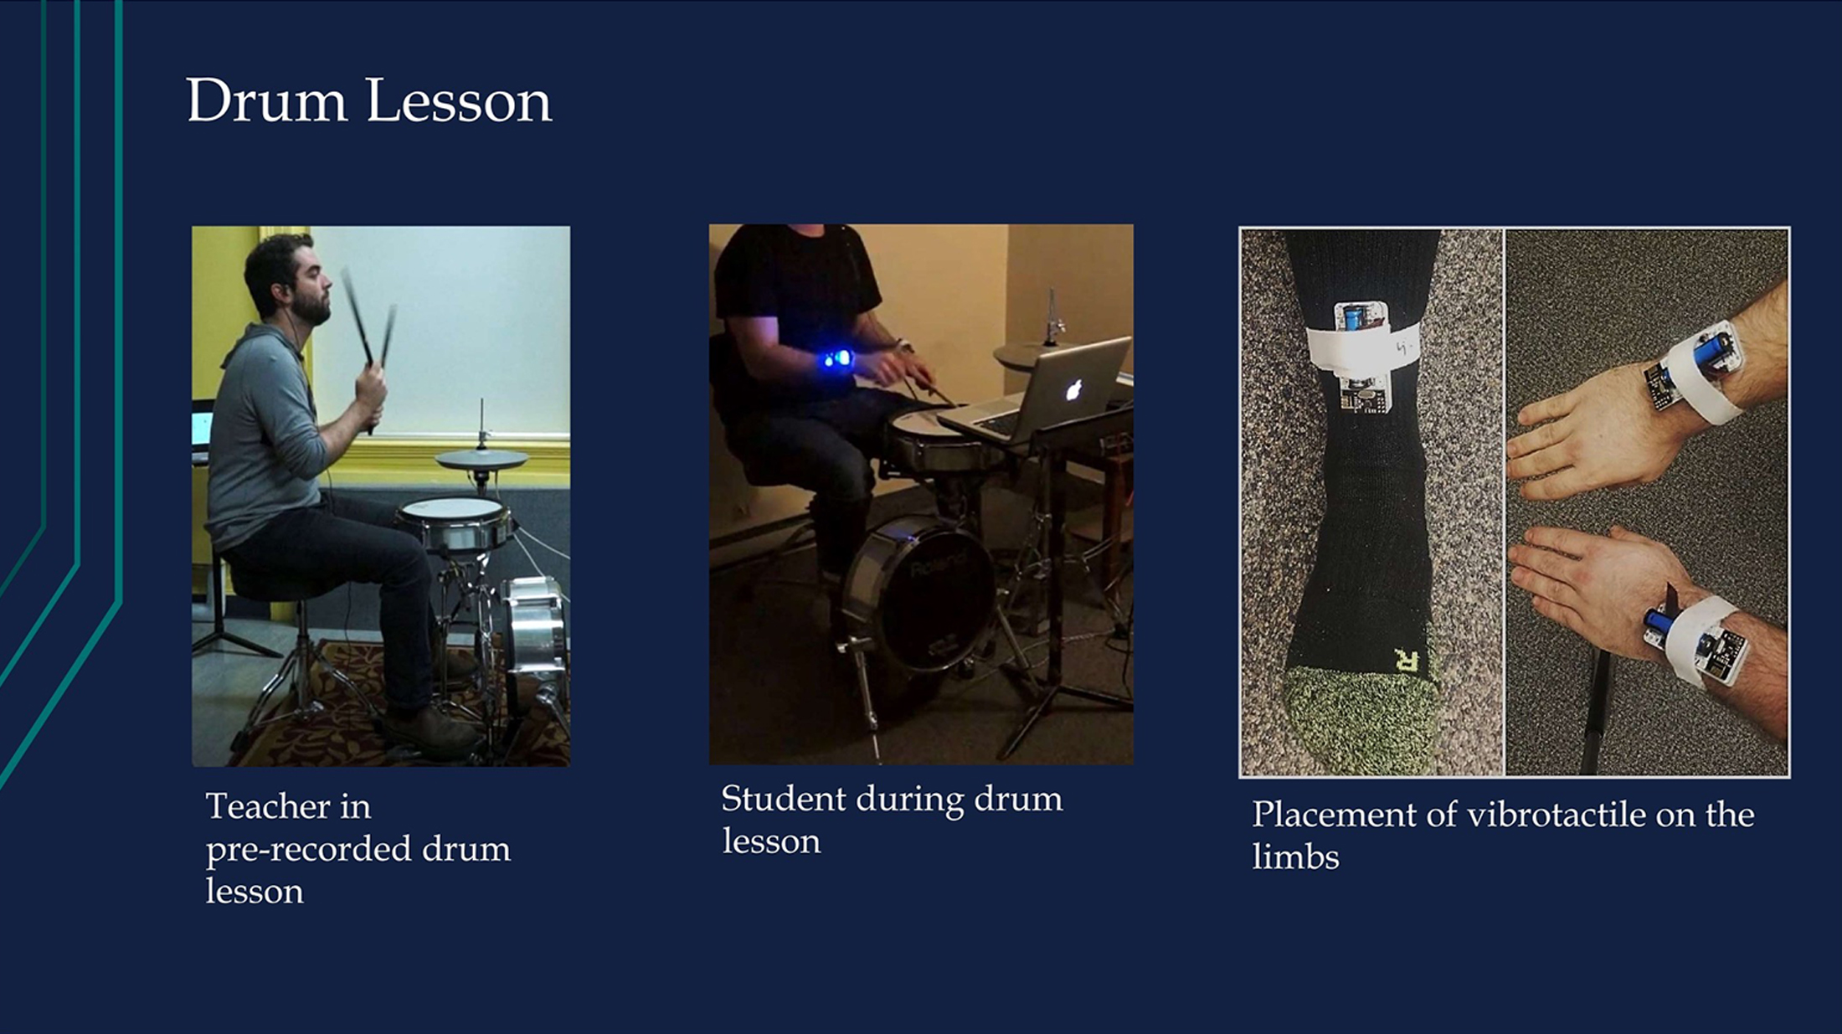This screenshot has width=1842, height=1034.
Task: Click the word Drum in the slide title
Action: point(266,100)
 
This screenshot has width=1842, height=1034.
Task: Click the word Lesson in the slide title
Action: point(459,100)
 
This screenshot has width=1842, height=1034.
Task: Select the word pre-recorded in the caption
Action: point(309,849)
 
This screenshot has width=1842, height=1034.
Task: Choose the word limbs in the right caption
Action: point(1295,857)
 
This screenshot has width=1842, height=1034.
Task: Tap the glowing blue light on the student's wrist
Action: point(836,360)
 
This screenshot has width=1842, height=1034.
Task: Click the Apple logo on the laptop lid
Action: point(1073,388)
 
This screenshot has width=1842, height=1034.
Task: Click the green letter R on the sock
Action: point(1407,661)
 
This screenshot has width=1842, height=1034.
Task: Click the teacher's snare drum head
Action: point(452,509)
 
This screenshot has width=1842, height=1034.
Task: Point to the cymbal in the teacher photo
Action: point(481,459)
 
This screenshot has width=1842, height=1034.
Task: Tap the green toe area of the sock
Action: point(1361,720)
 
